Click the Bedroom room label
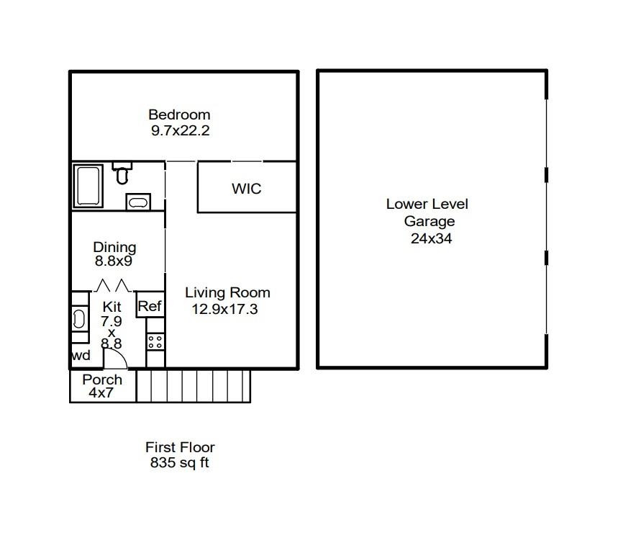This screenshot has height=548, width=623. [x=179, y=114]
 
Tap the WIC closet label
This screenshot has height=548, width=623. [x=246, y=189]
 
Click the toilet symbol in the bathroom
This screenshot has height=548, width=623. [x=122, y=173]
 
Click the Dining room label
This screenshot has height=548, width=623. [x=114, y=248]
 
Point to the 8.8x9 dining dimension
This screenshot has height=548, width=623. [x=114, y=261]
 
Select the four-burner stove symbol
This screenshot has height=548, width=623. [x=155, y=342]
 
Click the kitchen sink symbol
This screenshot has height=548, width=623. [x=79, y=319]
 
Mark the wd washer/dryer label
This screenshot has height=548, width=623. [x=81, y=356]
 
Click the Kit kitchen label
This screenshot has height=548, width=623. [x=112, y=307]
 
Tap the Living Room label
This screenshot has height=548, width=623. [x=227, y=293]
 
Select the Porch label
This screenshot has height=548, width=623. [x=102, y=379]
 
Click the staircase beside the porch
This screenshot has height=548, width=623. [x=193, y=386]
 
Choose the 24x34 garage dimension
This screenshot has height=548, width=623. [x=431, y=238]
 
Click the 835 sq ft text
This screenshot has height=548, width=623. [x=179, y=464]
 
